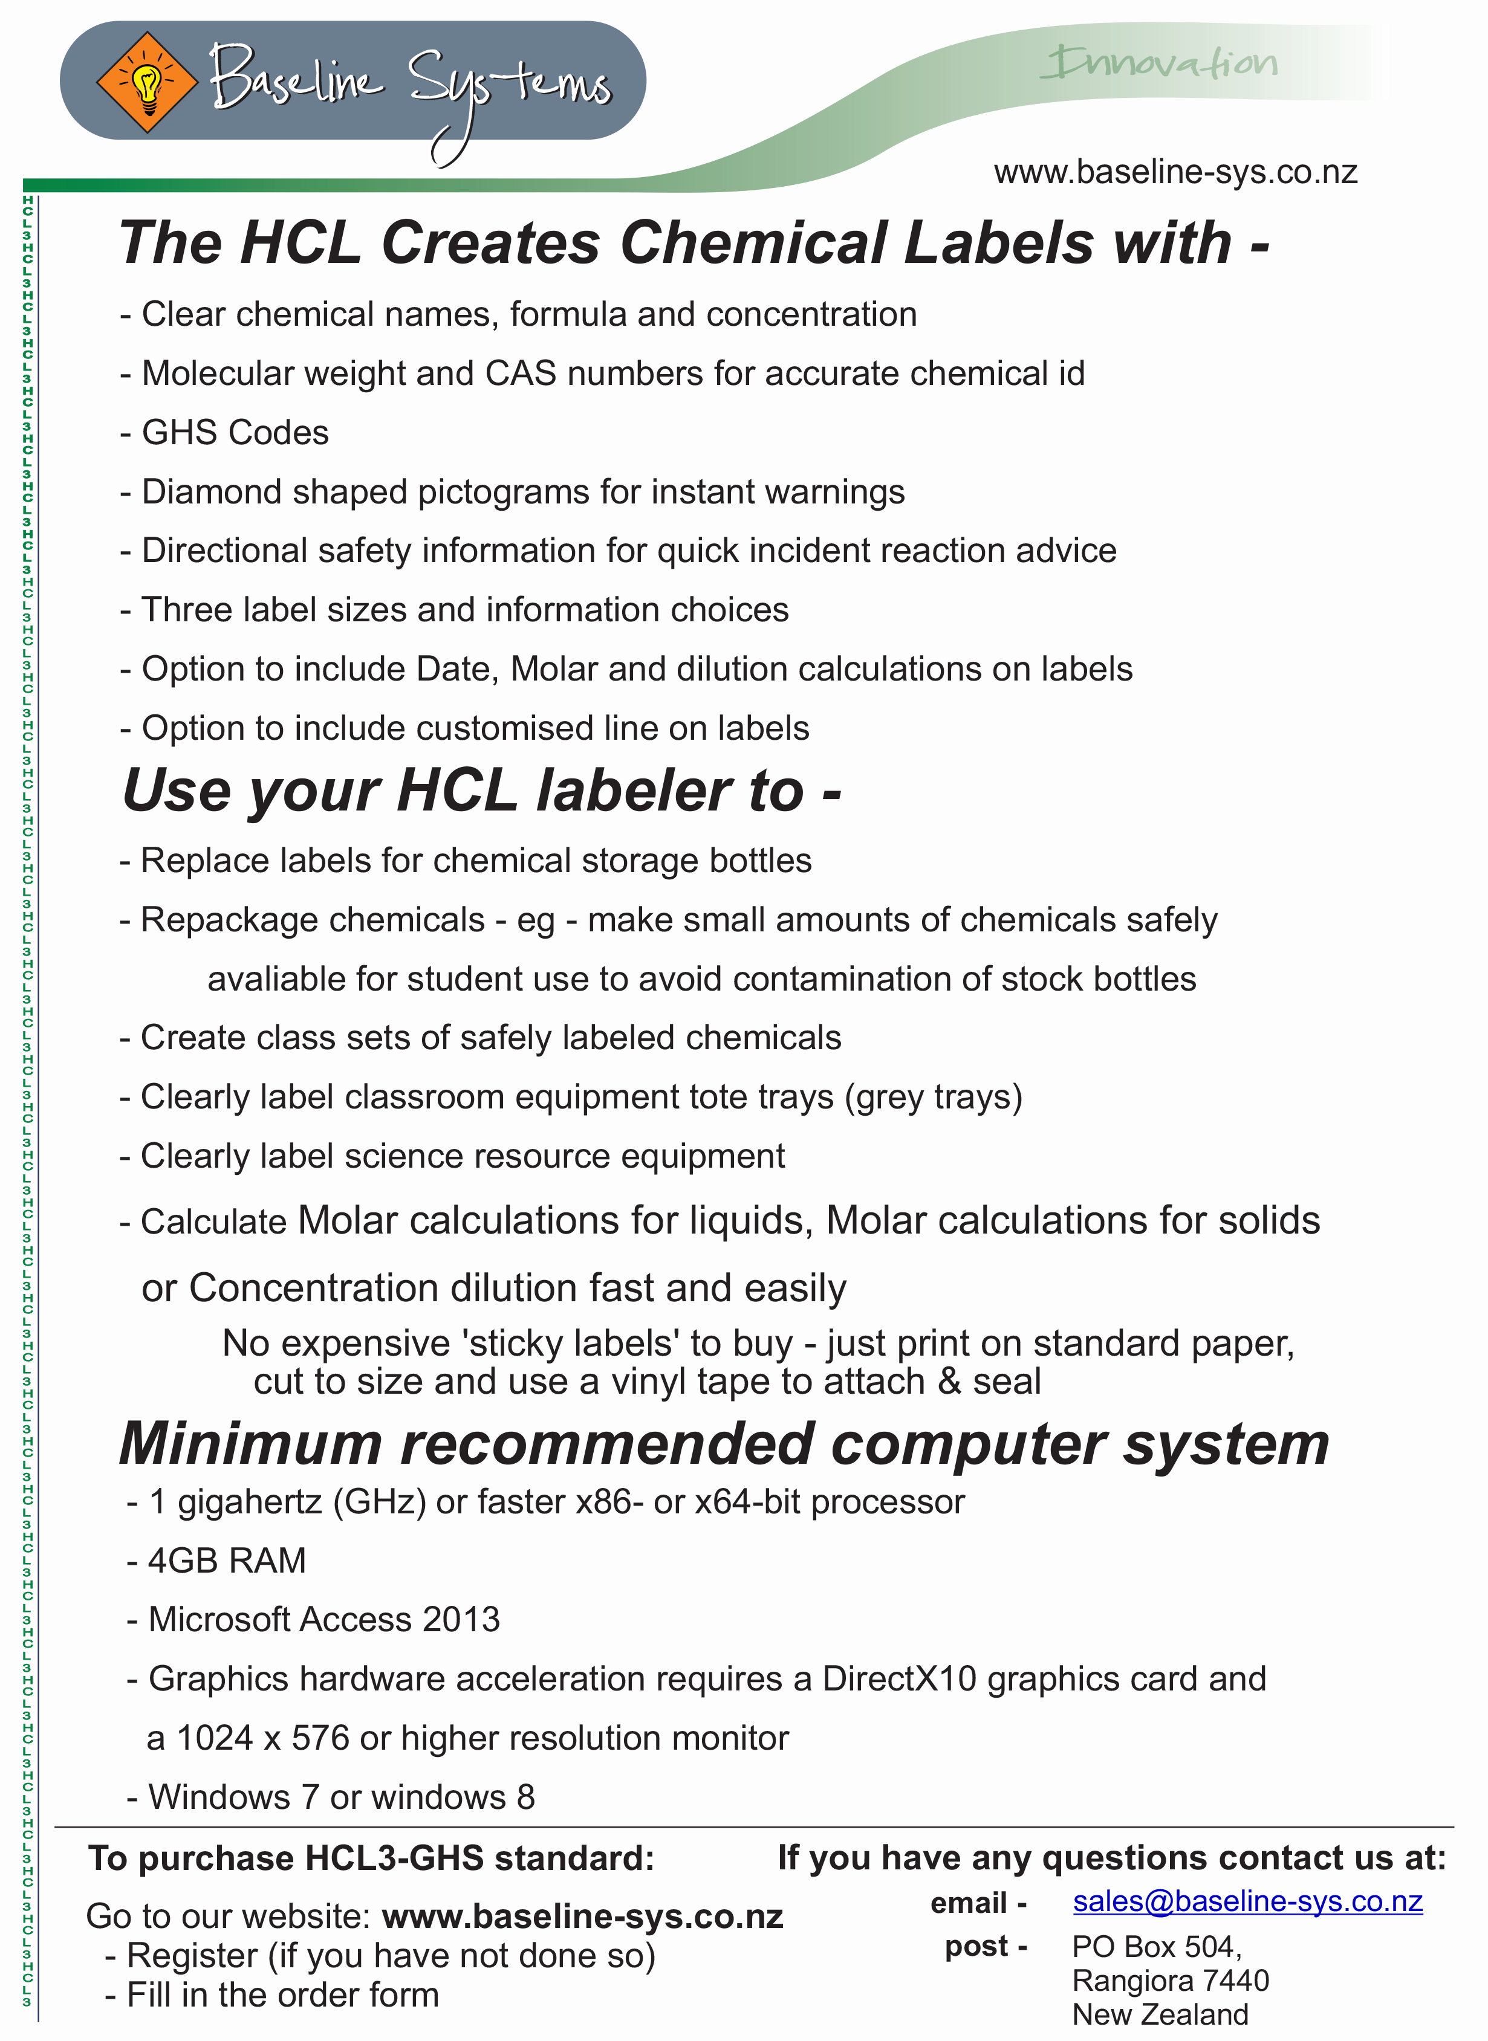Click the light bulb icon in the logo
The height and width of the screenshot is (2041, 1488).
[x=147, y=83]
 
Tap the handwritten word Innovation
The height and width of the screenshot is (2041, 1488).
[x=1161, y=63]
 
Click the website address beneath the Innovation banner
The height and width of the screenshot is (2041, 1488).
[x=1175, y=172]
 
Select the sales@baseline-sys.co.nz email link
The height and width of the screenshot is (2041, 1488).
[x=1247, y=1901]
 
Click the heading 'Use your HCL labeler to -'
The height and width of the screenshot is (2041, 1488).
[x=482, y=791]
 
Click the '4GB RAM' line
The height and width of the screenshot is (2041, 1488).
[x=227, y=1561]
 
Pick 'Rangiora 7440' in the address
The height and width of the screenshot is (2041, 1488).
[x=1170, y=1981]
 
